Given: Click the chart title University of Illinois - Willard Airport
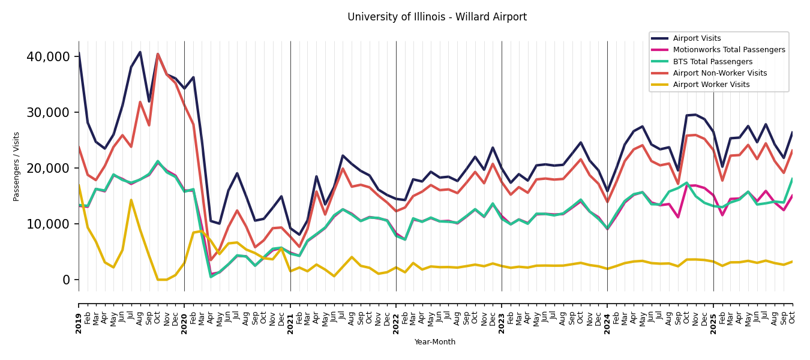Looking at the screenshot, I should (437, 17).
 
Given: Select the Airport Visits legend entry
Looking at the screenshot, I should (697, 38).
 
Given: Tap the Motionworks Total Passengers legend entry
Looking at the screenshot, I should (728, 50).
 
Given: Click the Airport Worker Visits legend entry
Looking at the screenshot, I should (711, 85).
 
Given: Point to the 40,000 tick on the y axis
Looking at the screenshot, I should (48, 57).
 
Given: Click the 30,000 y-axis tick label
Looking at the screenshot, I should (48, 113).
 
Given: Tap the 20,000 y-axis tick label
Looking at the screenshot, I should (48, 169).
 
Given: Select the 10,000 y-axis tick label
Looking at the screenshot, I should (48, 224).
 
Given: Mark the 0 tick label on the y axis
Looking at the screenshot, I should (66, 280).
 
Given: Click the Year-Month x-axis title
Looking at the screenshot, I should (434, 342).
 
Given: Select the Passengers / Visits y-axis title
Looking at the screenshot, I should (17, 166).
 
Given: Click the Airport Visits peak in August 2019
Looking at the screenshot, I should (140, 52).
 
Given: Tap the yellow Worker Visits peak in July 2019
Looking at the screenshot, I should (131, 200).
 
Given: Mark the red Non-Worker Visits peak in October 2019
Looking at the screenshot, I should (158, 54).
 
